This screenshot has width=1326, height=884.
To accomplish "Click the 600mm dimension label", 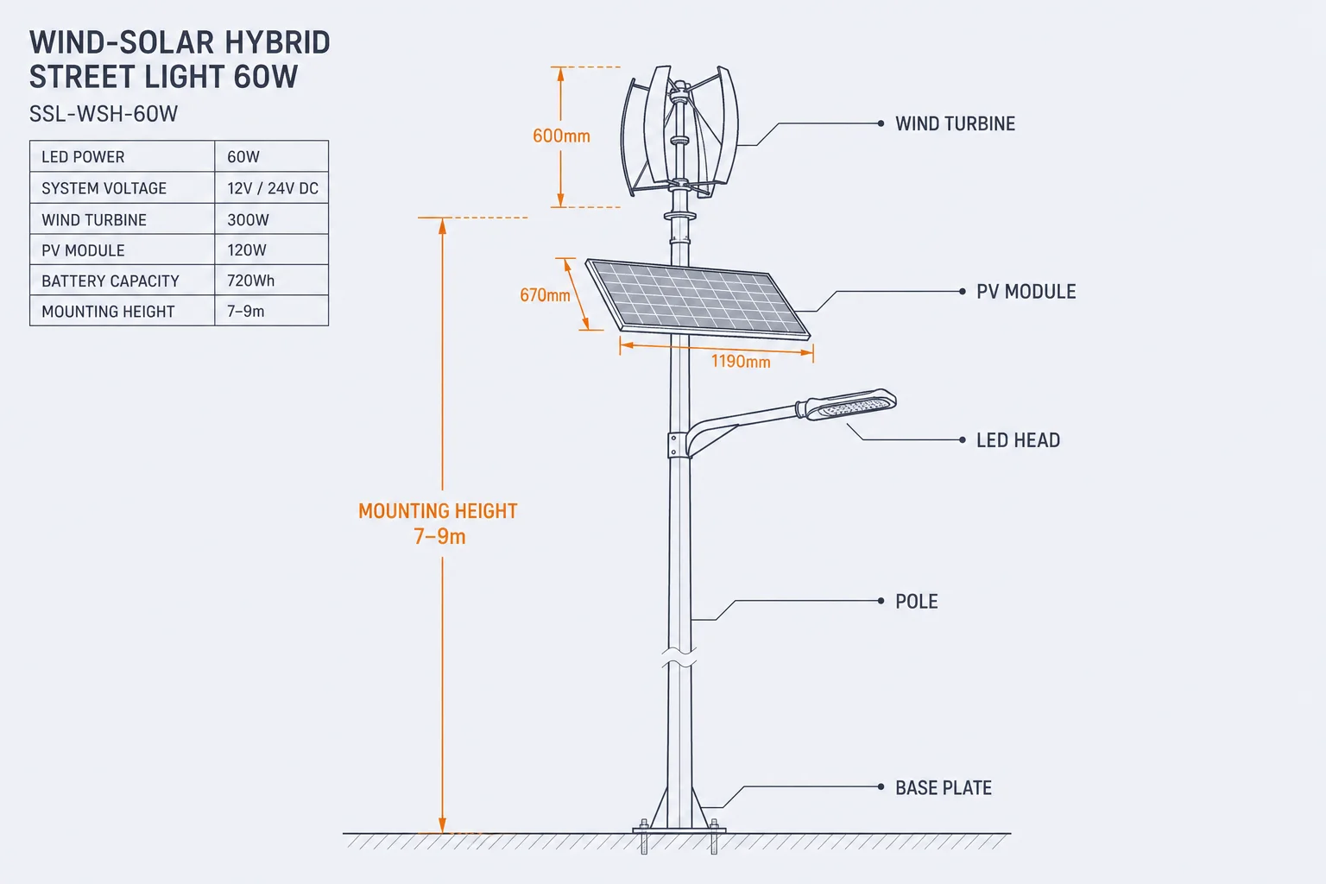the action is pos(561,136).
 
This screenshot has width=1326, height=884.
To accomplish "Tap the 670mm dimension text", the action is pos(545,295).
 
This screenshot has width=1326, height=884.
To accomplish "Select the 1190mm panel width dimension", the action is pos(741,361).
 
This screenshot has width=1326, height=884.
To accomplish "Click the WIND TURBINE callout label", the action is pos(955,123).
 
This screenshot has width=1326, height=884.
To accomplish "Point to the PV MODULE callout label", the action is pos(1026,291).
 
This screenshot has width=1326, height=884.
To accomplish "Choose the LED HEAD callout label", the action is pos(1018,440).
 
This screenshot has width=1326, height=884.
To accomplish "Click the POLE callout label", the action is pos(916,602).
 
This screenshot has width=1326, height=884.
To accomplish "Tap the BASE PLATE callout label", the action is pos(943,787).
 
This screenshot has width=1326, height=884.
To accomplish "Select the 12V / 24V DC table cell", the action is pos(272,188).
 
